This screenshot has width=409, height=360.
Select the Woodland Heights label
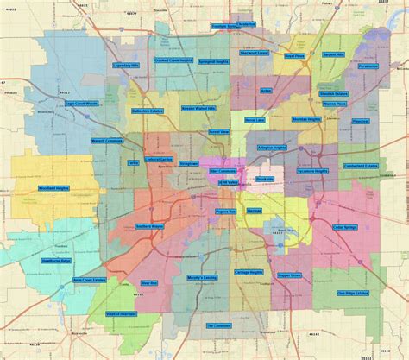(53, 188)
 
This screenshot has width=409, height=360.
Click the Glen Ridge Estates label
(353, 293)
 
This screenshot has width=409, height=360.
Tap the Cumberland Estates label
(361, 166)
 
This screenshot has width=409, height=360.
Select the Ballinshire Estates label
(147, 111)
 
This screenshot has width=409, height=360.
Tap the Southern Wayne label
(149, 227)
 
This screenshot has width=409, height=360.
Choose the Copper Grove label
(290, 276)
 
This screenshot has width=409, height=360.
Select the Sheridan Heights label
(306, 119)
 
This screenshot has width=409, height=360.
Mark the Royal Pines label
(294, 57)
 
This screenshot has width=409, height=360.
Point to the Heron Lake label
(255, 120)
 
